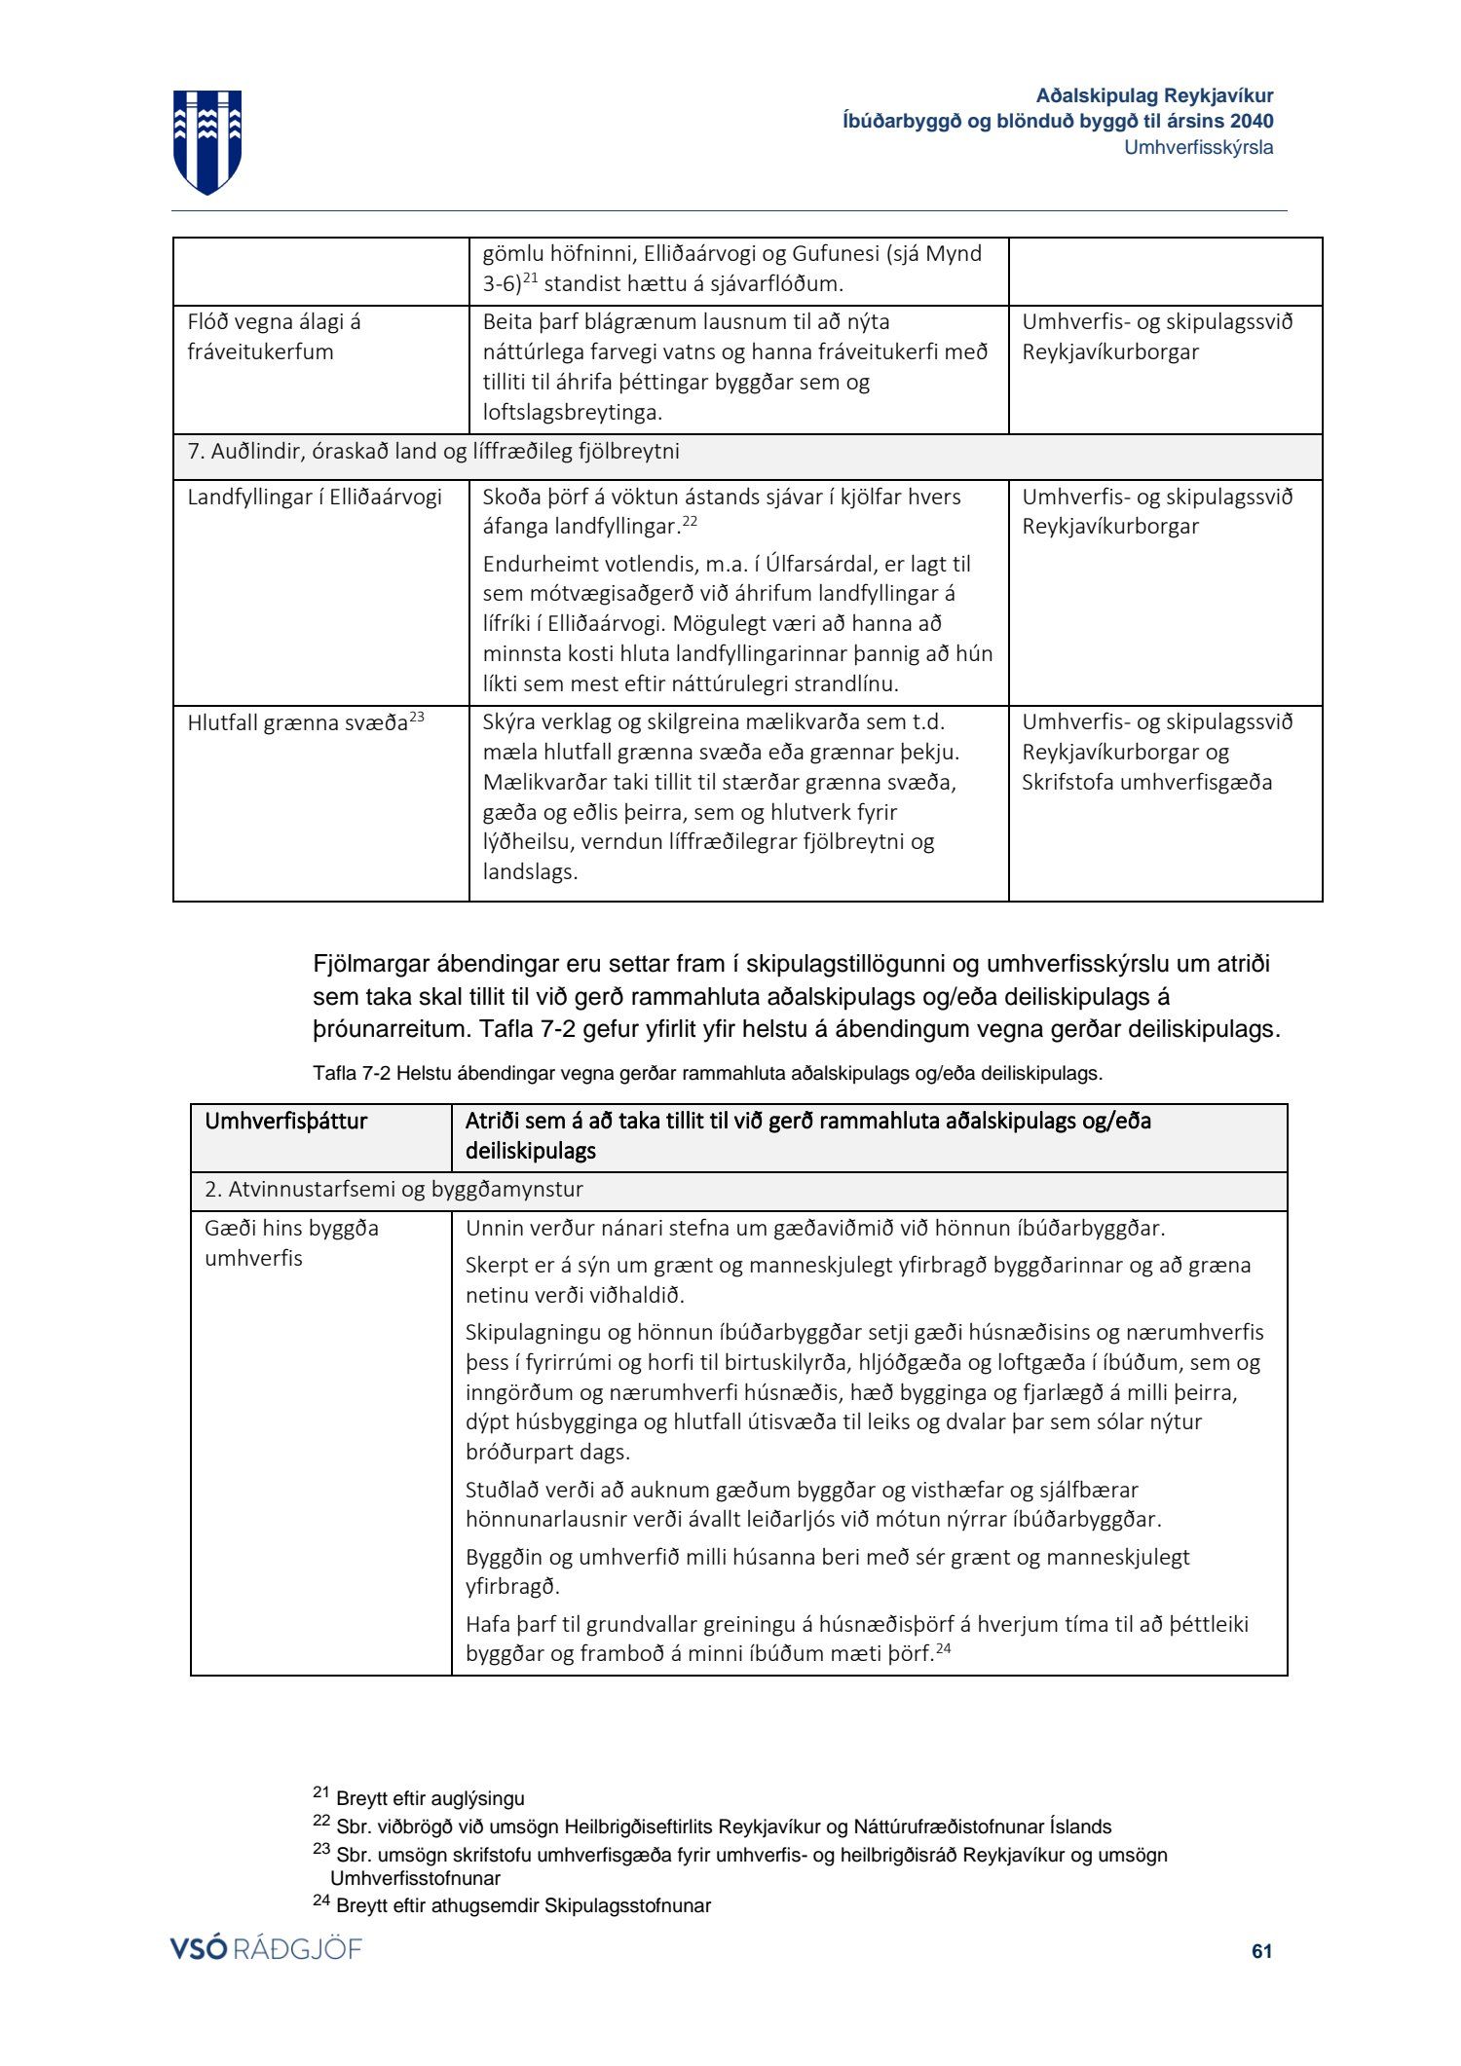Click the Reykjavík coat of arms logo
point(207,141)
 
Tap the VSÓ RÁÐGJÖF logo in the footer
point(265,1948)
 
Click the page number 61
point(1261,1950)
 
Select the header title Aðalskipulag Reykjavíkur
point(1154,96)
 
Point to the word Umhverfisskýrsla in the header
point(1198,148)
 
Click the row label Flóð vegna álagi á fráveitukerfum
point(274,337)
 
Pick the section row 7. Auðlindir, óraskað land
point(433,452)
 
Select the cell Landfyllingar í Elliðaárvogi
point(315,498)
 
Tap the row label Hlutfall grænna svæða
point(297,723)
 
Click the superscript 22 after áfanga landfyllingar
point(690,523)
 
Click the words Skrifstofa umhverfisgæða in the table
point(1146,783)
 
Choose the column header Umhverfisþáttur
point(285,1122)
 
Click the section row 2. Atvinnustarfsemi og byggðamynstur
point(393,1190)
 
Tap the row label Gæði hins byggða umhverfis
point(291,1243)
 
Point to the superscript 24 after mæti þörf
point(943,1649)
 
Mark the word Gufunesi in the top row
point(833,255)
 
